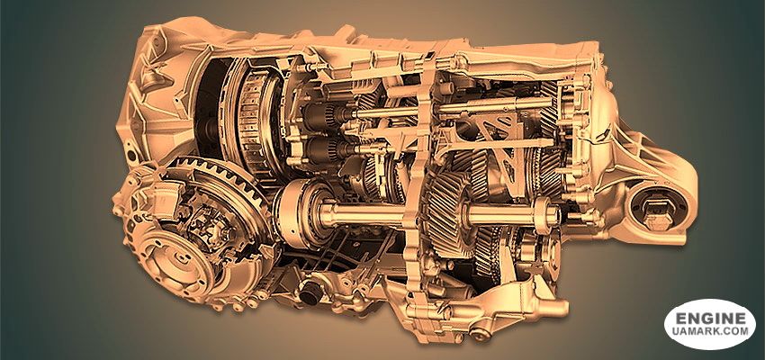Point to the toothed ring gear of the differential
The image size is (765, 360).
(220, 185)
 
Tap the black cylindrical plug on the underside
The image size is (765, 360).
(310, 292)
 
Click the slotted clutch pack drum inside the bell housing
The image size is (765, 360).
(254, 117)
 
